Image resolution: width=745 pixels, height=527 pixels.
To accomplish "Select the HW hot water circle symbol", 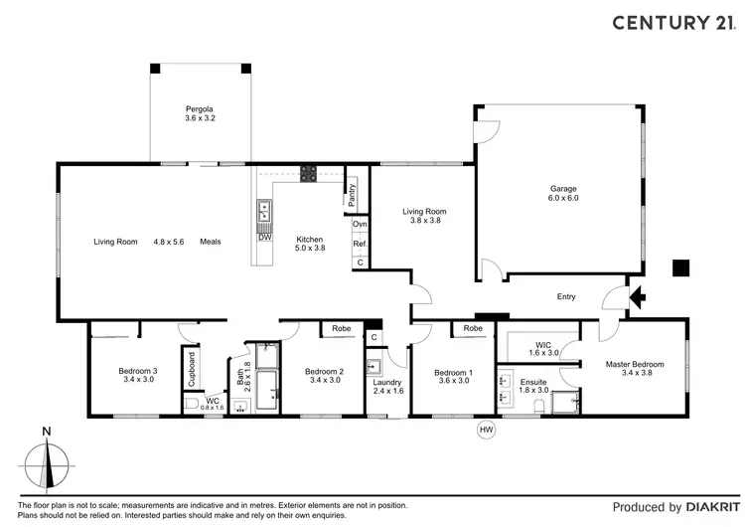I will click(x=486, y=430).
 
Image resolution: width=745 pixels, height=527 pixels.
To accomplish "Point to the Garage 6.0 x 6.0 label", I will click(x=564, y=194).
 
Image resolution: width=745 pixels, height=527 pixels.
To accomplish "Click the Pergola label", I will click(x=199, y=113).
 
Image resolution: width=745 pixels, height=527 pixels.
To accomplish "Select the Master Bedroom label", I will click(x=634, y=370).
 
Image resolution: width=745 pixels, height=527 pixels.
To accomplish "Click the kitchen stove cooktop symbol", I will click(x=308, y=174).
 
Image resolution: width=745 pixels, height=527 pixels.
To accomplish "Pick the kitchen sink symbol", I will click(x=265, y=211).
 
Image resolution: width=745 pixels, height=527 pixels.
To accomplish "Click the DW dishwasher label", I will click(x=264, y=238).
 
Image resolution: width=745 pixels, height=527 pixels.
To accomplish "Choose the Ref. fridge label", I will click(x=360, y=244).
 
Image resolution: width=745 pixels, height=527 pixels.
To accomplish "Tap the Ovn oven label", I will click(x=360, y=224).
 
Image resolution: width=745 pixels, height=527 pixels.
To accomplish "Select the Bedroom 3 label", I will click(x=138, y=375).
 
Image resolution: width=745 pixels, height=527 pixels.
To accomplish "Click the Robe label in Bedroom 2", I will click(x=341, y=327).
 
